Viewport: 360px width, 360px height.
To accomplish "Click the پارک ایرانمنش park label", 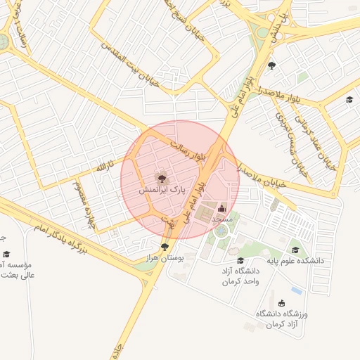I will click(x=161, y=190).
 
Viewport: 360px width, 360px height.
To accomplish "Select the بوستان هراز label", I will click(x=165, y=259).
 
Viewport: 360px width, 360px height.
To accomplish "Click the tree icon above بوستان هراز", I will click(x=165, y=247).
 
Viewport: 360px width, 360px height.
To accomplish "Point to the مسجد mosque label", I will click(x=221, y=219).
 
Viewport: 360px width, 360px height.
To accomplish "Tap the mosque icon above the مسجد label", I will click(x=222, y=207).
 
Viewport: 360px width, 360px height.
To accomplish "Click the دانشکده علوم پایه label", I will click(x=295, y=260).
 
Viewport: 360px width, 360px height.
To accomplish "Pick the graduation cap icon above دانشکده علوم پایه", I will click(x=296, y=249).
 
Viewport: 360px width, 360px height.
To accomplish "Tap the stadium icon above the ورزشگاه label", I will click(x=282, y=303).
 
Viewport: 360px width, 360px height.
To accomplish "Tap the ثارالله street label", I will click(x=104, y=168).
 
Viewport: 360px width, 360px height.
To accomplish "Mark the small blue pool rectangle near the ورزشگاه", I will click(x=297, y=290).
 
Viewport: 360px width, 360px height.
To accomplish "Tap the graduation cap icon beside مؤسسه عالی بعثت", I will click(x=6, y=255).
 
